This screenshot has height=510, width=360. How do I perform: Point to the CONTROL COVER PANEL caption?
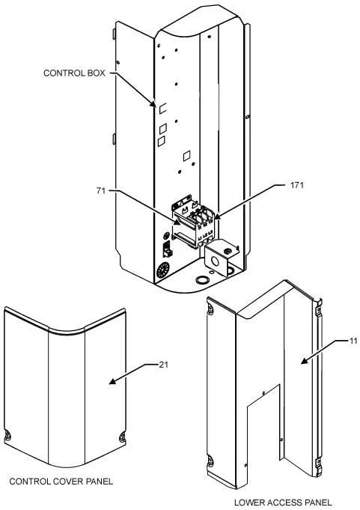[x=61, y=481]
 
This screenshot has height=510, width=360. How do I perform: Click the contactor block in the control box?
[x=196, y=222]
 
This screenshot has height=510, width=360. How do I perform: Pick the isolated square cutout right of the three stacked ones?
[x=187, y=156]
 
